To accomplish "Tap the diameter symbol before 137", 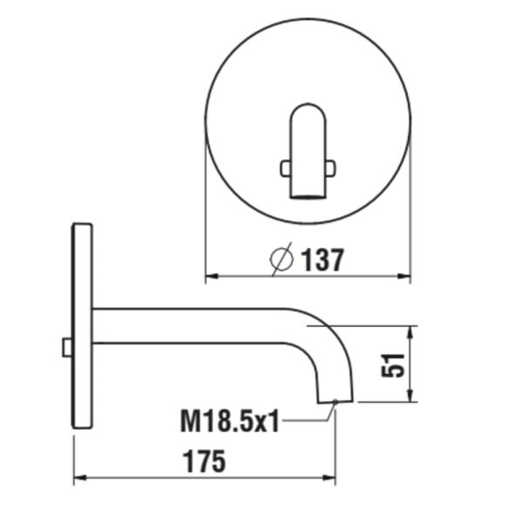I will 282,259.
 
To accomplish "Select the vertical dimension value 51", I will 393,364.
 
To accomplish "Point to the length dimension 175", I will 204,461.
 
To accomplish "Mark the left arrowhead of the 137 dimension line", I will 209,278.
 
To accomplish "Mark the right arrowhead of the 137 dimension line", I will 405,278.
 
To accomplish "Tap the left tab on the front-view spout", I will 284,167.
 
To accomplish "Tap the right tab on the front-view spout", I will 329,167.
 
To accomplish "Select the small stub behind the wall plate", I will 67,347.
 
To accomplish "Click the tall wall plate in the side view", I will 82,326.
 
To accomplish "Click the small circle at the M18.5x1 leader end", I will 336,402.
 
